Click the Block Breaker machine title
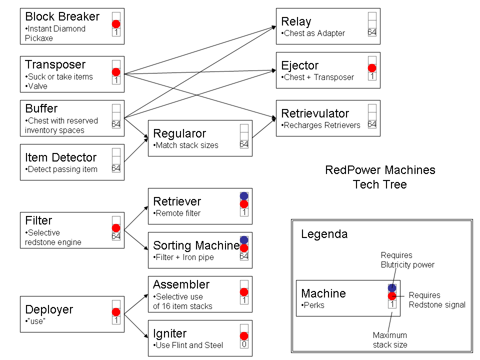click(62, 16)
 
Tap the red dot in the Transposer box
click(116, 72)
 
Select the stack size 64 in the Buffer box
click(116, 124)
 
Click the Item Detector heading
click(61, 158)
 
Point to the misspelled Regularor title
click(179, 133)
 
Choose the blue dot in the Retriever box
click(244, 196)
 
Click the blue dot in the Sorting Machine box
click(244, 240)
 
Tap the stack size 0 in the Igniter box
click(244, 344)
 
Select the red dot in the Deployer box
click(116, 312)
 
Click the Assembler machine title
click(181, 284)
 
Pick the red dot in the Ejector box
click(372, 68)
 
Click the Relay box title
click(296, 21)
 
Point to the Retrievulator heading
click(315, 113)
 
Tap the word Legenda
click(324, 234)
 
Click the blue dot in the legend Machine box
click(392, 288)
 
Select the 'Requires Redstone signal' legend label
click(437, 300)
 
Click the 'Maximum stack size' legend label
click(390, 339)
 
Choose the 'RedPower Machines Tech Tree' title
click(380, 177)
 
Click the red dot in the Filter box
click(116, 228)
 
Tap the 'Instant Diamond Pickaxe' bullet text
click(55, 33)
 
